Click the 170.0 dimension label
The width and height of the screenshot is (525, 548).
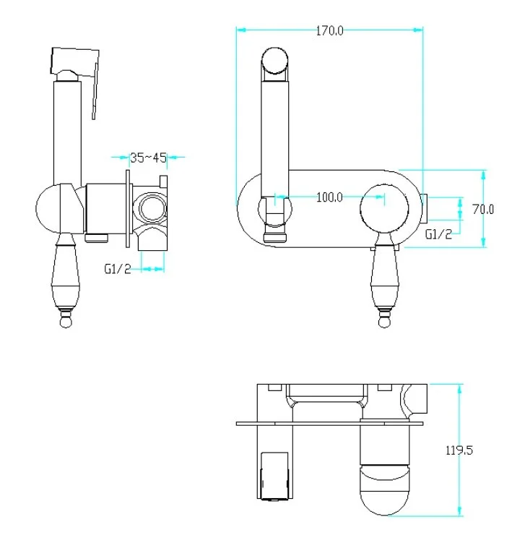click(x=329, y=31)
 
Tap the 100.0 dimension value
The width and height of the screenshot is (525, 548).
click(x=329, y=197)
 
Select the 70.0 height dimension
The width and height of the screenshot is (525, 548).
click(x=483, y=210)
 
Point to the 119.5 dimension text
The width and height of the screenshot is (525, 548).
click(x=459, y=450)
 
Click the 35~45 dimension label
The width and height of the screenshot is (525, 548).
click(x=148, y=158)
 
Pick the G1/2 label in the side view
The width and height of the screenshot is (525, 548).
click(x=118, y=269)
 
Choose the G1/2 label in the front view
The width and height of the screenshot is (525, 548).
click(x=438, y=234)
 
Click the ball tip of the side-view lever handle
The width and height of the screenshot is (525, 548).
click(x=66, y=321)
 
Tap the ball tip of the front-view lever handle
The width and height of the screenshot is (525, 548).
click(x=384, y=321)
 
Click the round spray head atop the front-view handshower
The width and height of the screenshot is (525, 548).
click(x=275, y=61)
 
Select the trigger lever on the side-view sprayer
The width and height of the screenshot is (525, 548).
click(x=95, y=92)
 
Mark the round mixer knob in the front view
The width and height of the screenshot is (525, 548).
click(x=384, y=208)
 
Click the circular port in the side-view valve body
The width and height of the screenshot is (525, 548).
click(x=152, y=208)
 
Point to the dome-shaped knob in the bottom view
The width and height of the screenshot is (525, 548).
click(x=384, y=489)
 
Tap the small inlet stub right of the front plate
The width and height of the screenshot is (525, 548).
click(x=424, y=209)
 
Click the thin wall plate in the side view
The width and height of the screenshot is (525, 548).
click(x=128, y=209)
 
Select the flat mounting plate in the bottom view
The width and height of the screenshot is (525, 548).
click(x=330, y=424)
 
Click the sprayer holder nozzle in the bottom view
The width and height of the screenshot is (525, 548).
click(x=274, y=476)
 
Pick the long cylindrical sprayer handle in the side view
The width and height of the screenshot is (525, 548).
click(x=67, y=133)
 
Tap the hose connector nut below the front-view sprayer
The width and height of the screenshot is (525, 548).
click(x=275, y=234)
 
